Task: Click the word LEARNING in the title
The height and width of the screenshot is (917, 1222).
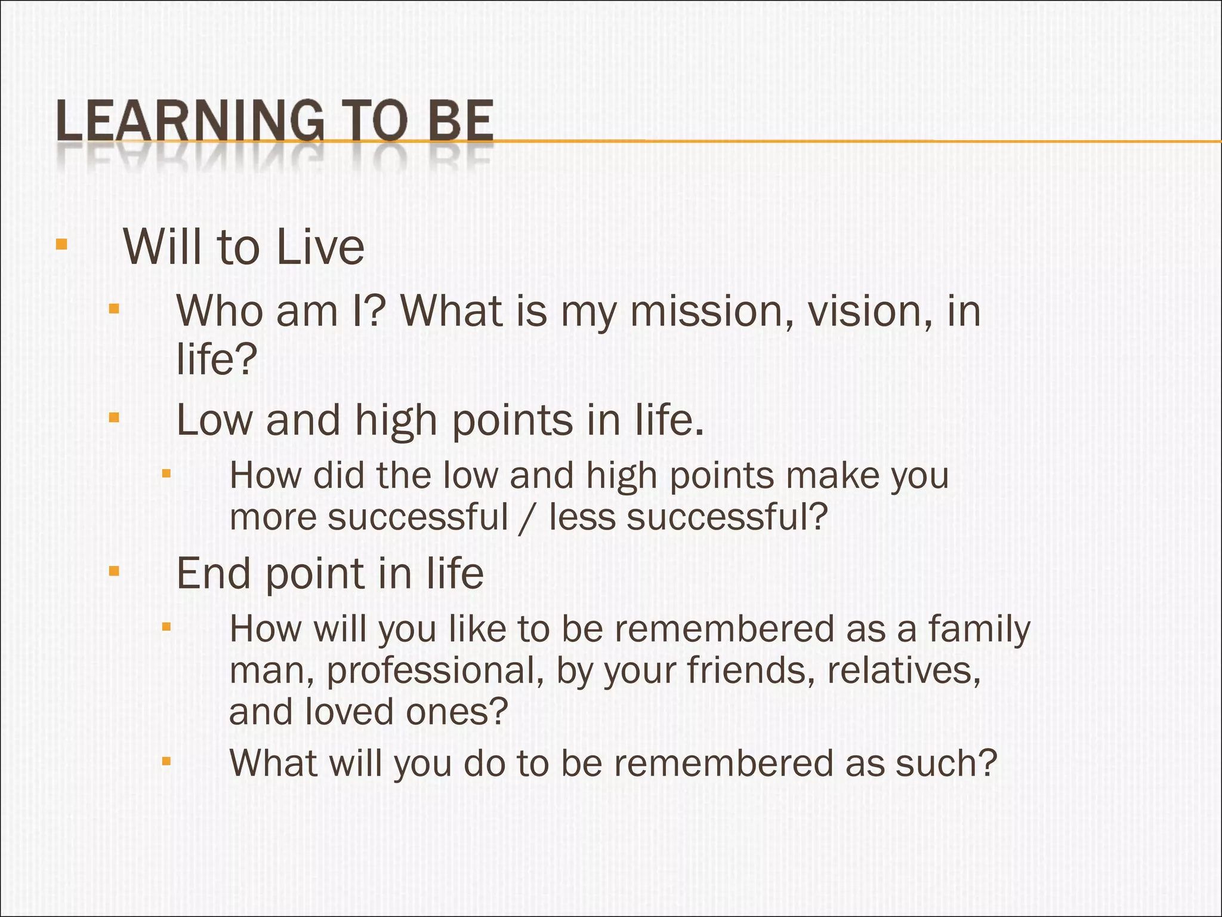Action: [190, 121]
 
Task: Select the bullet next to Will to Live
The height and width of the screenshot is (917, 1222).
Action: [61, 245]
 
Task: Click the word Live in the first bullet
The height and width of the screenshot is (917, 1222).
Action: [320, 247]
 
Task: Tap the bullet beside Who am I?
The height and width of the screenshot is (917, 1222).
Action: [114, 309]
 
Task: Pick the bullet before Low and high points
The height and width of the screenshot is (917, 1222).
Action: [114, 417]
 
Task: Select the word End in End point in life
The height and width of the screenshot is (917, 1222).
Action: [213, 574]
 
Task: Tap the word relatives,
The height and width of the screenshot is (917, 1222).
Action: [903, 670]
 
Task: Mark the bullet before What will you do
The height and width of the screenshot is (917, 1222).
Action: [166, 761]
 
